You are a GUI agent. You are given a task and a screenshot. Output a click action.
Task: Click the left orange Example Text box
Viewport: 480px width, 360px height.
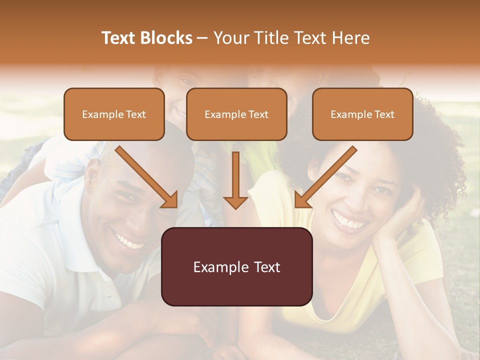114,114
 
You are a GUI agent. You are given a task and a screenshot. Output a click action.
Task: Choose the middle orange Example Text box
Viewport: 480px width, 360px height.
236,114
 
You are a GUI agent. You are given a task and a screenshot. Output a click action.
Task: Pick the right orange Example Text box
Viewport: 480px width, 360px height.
362,114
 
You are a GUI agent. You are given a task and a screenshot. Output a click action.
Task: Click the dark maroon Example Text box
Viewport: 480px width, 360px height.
236,266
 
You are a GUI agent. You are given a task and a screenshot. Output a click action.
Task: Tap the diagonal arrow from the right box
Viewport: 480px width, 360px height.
325,177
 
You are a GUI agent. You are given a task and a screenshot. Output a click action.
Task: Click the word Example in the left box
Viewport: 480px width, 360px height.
99,114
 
